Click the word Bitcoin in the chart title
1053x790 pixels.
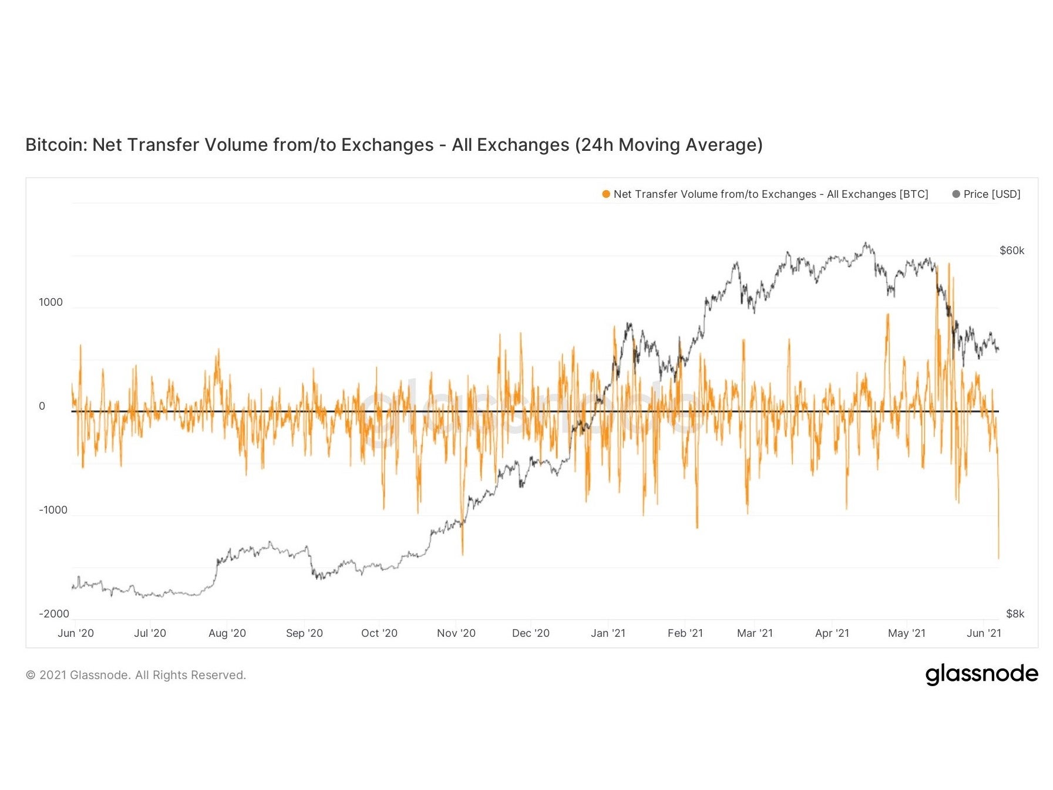point(56,145)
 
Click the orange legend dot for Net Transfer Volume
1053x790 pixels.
point(606,194)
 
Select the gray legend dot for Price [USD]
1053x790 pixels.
point(956,194)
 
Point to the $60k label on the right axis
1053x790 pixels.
point(1011,251)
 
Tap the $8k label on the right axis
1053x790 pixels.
point(1015,614)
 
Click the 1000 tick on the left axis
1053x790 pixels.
point(51,302)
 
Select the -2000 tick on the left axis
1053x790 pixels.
point(54,614)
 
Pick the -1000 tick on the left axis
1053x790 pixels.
point(53,510)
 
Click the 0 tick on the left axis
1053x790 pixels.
point(42,406)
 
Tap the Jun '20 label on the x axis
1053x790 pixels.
point(76,633)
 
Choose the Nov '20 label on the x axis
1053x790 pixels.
point(456,633)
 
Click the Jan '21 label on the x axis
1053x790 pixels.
point(608,633)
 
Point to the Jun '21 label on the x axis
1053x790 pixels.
point(984,633)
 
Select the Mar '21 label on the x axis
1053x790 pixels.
point(755,633)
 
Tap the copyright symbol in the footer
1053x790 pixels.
point(31,676)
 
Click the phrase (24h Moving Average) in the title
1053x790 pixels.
point(668,145)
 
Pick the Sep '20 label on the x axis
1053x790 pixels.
point(304,633)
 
